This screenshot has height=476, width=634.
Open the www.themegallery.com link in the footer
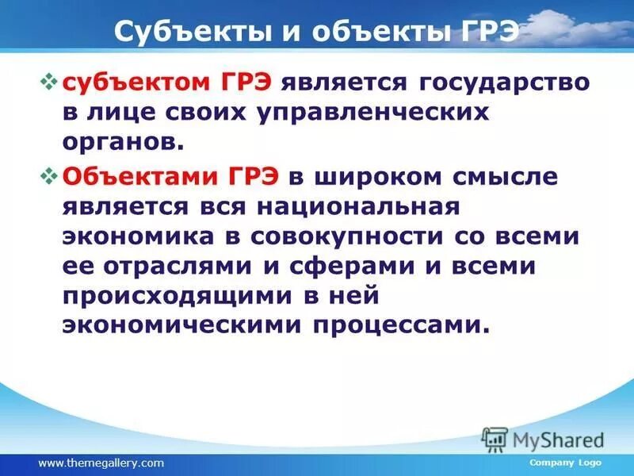(x=101, y=463)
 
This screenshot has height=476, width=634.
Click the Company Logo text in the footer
(x=565, y=463)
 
